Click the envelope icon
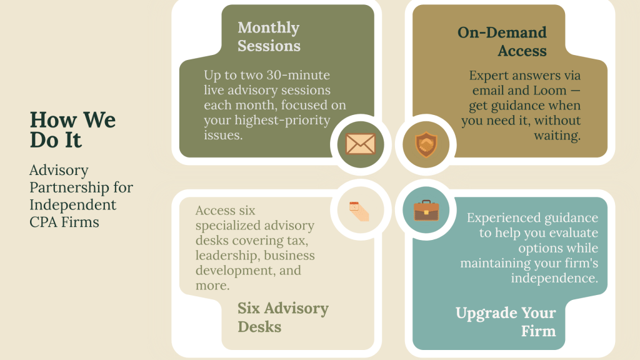361,144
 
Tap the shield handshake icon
426,144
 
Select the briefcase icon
426,211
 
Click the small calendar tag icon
359,211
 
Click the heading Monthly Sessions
269,37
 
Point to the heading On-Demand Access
502,42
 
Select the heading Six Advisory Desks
283,317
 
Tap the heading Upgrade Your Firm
506,322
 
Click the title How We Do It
72,130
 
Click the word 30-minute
298,75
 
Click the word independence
554,278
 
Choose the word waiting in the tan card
557,136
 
